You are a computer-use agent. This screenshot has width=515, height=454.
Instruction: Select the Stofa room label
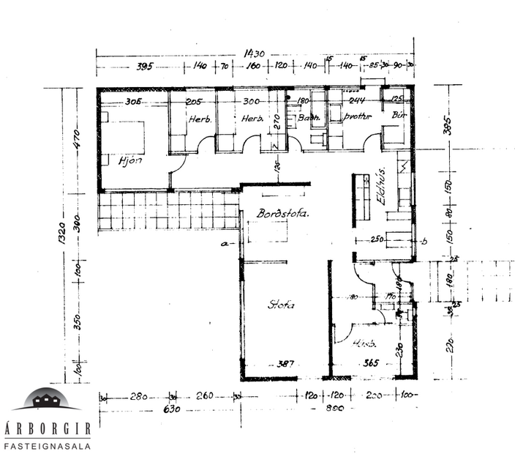(281, 305)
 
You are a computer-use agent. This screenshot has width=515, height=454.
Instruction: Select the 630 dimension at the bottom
(171, 409)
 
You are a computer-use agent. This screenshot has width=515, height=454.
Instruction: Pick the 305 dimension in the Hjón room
(132, 101)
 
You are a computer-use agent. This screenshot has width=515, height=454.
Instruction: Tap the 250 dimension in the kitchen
(377, 239)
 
